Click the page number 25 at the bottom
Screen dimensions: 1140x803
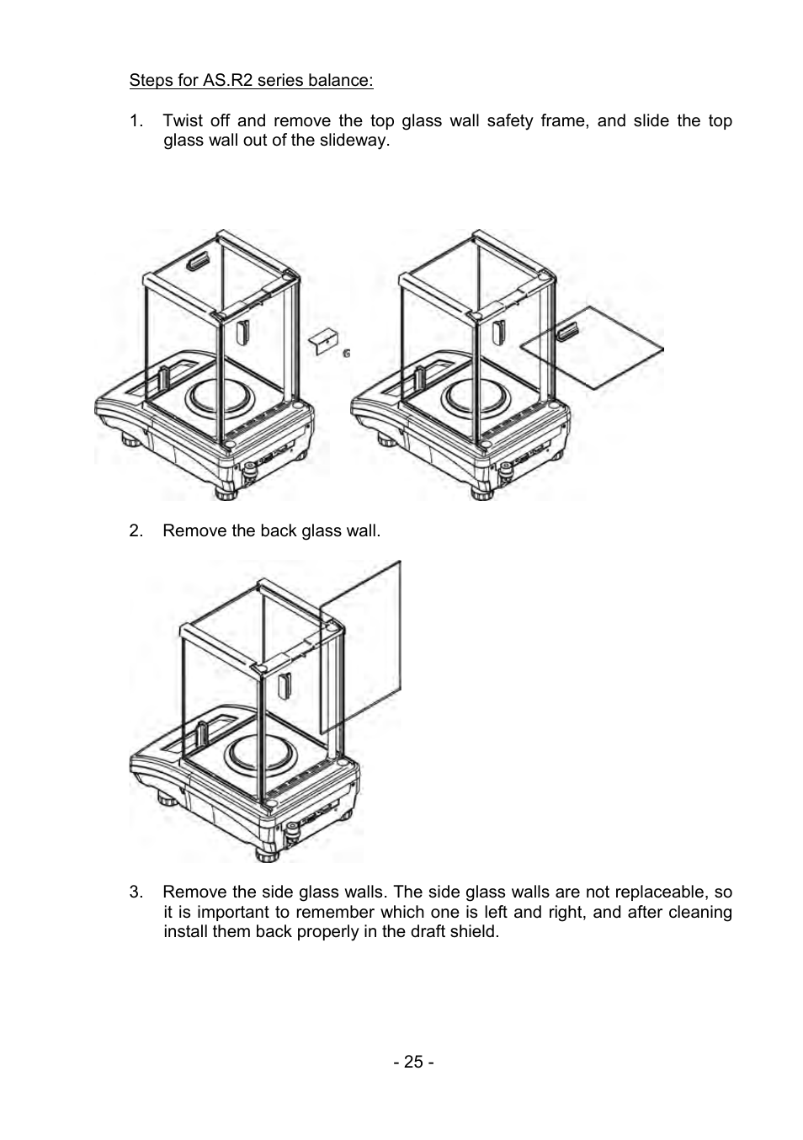click(412, 1062)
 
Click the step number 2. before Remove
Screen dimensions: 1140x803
click(136, 530)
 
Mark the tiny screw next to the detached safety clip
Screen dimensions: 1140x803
click(347, 354)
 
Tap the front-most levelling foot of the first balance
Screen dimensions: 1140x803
click(226, 493)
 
